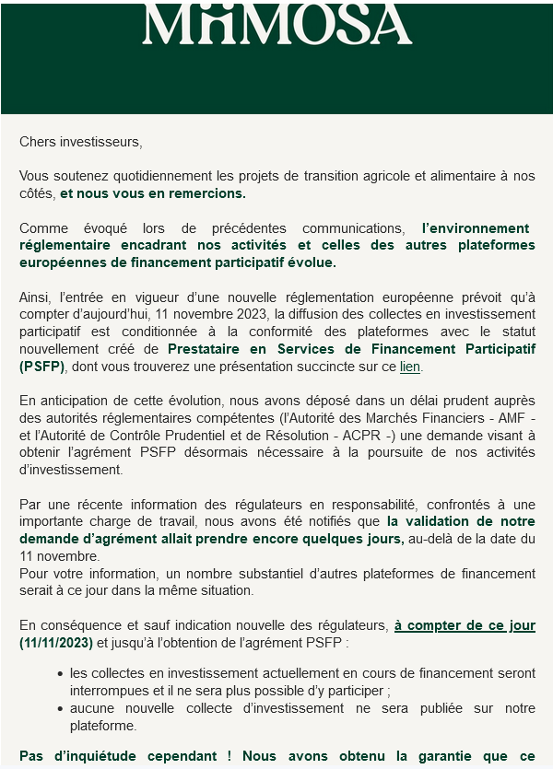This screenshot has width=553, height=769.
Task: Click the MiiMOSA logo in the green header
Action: coord(276,26)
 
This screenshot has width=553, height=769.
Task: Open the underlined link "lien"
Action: coord(409,367)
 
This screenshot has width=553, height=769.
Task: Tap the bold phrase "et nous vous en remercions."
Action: coord(153,193)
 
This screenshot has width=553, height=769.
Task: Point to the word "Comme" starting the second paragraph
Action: coord(39,227)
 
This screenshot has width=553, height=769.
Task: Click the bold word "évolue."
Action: coord(310,262)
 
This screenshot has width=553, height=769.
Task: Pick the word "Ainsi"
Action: coord(33,297)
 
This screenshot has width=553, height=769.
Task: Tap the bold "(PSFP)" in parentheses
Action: coord(41,367)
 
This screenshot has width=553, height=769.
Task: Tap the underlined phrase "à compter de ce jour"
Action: coord(465,624)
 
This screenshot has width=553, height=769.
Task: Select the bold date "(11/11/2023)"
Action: coord(56,642)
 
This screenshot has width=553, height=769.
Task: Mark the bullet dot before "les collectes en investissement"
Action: coord(60,675)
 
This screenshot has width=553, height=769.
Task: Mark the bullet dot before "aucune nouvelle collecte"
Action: coord(60,709)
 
